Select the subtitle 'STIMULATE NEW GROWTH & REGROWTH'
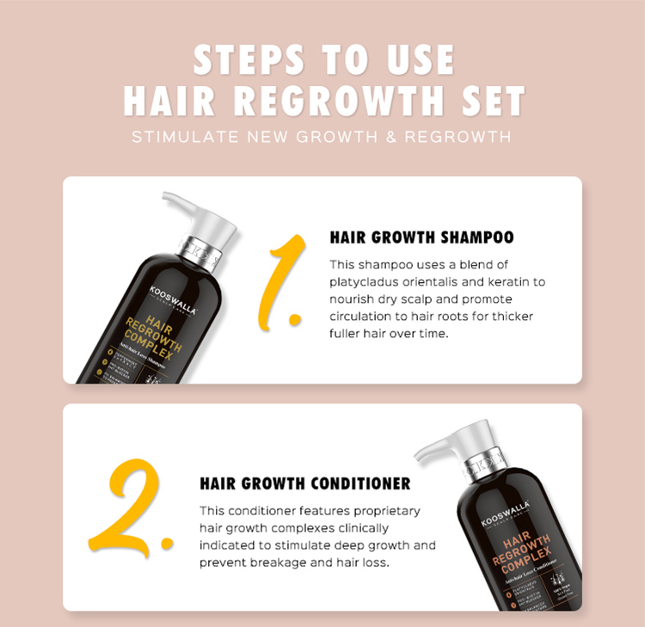[x=322, y=137]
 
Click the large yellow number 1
[x=284, y=280]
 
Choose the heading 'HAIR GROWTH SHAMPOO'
[x=421, y=237]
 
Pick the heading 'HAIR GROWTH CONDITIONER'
[x=305, y=483]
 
